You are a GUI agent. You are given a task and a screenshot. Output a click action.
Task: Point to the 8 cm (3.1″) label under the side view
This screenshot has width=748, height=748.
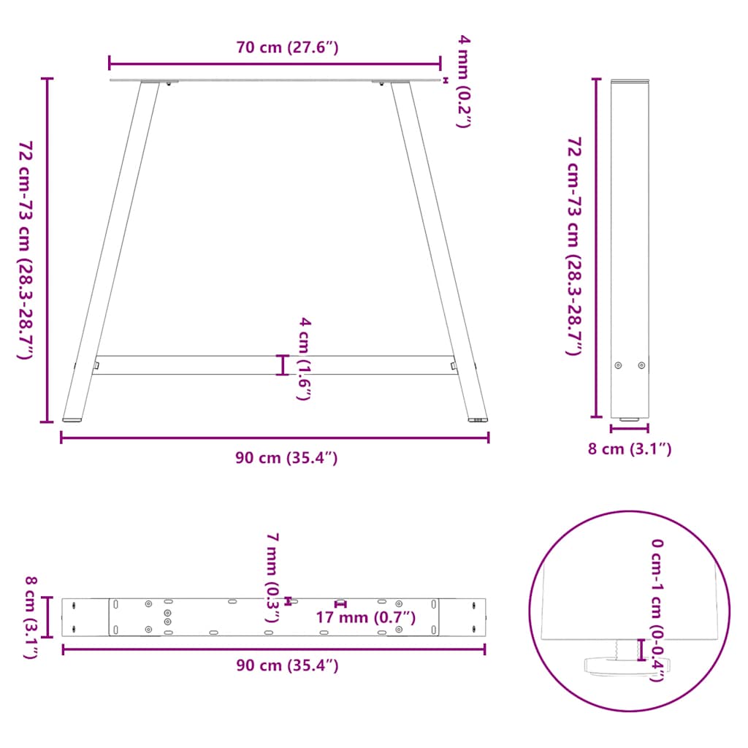630,449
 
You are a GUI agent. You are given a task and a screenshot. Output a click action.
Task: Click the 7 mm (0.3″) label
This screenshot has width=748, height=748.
272,578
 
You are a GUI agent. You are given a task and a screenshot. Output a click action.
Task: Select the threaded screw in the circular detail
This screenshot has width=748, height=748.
619,647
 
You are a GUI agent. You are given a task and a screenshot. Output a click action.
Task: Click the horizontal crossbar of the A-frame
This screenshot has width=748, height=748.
274,365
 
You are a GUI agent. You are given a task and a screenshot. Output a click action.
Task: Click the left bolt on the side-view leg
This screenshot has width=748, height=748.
619,365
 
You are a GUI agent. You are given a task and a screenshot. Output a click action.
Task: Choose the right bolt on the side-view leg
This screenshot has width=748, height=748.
641,365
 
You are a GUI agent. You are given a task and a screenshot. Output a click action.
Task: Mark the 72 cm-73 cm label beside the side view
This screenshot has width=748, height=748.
575,245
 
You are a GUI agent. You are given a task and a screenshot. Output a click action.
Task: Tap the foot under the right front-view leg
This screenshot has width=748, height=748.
478,420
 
